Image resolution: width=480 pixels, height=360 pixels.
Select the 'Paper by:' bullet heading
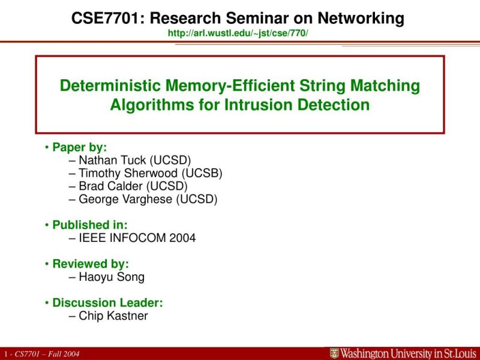pyautogui.click(x=79, y=147)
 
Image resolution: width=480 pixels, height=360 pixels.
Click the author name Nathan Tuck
pyautogui.click(x=113, y=160)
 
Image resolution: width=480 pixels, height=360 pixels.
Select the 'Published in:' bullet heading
pyautogui.click(x=89, y=225)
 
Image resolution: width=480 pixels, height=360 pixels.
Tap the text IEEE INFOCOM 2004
pyautogui.click(x=137, y=238)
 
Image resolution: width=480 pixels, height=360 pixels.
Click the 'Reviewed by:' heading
pyautogui.click(x=90, y=264)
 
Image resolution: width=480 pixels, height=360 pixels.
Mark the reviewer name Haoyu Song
pyautogui.click(x=112, y=277)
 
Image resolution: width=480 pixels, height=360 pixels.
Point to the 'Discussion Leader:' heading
pyautogui.click(x=107, y=303)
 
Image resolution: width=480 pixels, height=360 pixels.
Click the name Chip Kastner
pyautogui.click(x=113, y=316)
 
